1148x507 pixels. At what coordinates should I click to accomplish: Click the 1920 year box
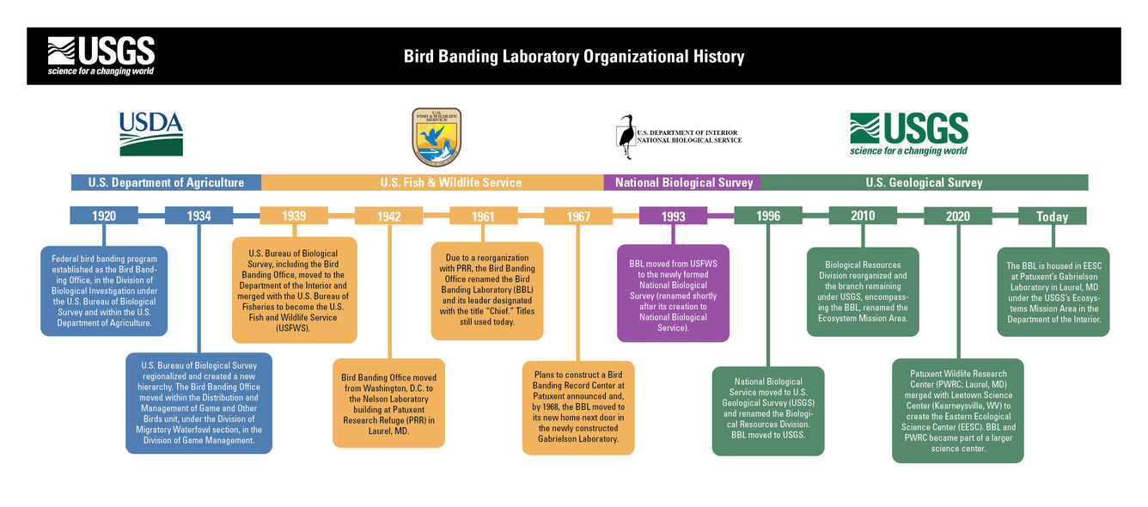(104, 216)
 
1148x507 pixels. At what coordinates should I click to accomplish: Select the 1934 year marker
(199, 216)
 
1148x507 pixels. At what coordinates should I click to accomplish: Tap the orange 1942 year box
(388, 216)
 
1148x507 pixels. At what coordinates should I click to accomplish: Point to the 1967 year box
(578, 216)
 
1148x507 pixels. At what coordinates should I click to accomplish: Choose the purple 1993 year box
(673, 216)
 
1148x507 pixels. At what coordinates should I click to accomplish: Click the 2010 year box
(863, 216)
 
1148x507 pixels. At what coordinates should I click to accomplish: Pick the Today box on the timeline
(1052, 216)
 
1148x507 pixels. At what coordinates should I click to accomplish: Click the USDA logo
(151, 134)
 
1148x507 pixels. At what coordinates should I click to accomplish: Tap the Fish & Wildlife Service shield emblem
(437, 137)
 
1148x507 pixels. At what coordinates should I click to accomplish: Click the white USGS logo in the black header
(101, 56)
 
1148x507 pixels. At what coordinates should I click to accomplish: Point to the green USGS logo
(909, 133)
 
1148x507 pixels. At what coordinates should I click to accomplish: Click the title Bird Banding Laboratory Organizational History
(574, 57)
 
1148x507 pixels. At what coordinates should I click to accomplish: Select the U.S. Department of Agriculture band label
(166, 182)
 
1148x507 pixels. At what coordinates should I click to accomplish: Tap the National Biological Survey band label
(684, 182)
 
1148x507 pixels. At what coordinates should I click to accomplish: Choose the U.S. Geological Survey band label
(924, 182)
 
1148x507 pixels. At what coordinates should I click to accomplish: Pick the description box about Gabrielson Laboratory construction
(577, 407)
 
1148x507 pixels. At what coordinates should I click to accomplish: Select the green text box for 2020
(957, 411)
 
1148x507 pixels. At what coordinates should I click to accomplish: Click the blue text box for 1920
(104, 291)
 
